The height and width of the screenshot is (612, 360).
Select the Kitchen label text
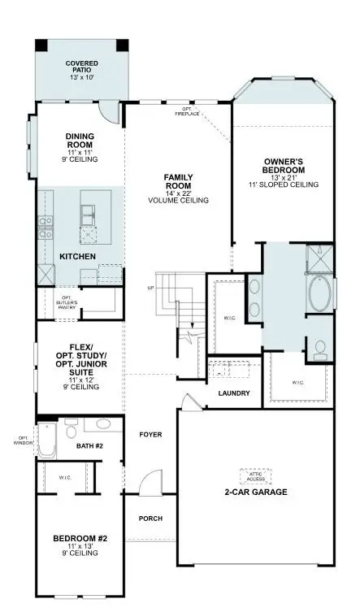point(78,257)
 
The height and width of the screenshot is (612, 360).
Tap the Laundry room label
point(233,393)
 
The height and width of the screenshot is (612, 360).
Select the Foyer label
point(150,434)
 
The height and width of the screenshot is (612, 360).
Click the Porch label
point(150,519)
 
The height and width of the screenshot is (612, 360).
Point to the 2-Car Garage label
point(256,493)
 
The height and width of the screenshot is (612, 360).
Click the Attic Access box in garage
point(256,476)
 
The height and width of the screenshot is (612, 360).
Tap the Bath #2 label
point(89,445)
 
